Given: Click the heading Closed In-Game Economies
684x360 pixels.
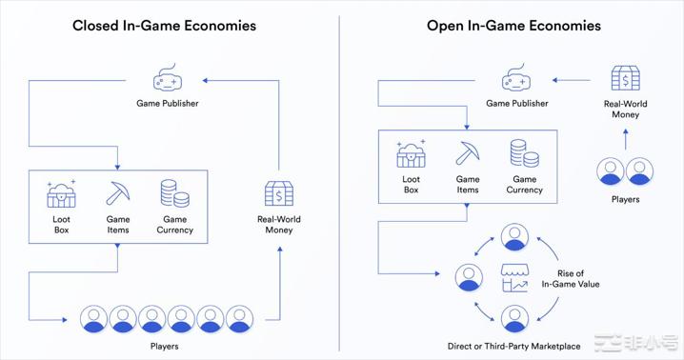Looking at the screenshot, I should pos(165,26).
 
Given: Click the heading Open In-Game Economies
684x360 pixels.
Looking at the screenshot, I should pos(513,26).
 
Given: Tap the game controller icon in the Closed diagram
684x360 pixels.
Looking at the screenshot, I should pos(169,79).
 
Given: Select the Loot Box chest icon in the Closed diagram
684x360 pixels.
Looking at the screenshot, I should pos(61,194).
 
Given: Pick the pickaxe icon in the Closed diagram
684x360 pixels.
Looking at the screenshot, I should pos(118,193).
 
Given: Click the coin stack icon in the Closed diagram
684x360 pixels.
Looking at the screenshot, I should pos(174,193).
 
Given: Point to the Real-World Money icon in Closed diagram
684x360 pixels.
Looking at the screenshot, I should pos(279,193).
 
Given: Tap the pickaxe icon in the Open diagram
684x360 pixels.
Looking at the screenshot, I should pos(468,153).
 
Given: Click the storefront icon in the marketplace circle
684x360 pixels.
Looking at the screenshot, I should pos(515,278).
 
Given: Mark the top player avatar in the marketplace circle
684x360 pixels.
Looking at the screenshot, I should pos(515,237).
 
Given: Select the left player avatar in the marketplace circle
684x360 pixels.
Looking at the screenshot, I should pos(468,277).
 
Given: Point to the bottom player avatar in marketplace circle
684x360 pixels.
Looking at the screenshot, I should pos(515,318).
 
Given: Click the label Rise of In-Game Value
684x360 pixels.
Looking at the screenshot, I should pos(572,278).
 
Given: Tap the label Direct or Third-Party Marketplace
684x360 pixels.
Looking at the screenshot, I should pos(514,347).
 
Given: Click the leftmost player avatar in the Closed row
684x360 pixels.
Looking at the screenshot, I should pos(94,318).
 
